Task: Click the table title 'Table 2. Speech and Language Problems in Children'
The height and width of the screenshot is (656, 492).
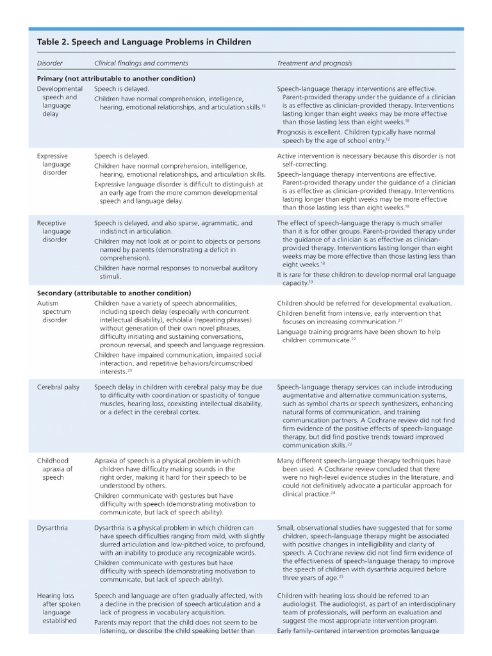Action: coord(144,42)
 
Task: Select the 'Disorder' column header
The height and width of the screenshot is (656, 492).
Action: coord(50,63)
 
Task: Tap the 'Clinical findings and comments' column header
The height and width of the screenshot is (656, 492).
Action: coord(141,63)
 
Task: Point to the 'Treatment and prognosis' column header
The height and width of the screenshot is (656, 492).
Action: coord(315,63)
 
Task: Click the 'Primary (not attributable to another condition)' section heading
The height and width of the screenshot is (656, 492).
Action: coord(116,78)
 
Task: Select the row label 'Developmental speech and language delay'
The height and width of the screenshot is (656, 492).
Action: coord(60,101)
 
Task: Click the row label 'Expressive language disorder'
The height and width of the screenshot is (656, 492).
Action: coord(56,164)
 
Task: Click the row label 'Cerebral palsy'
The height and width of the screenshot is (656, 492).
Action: coord(58,387)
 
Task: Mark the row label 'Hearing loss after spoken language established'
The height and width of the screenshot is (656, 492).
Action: coord(59,608)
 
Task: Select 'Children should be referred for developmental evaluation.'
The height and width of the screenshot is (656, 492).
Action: coord(365,303)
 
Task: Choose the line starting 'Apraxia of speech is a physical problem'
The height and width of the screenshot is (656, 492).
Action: coord(167,461)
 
